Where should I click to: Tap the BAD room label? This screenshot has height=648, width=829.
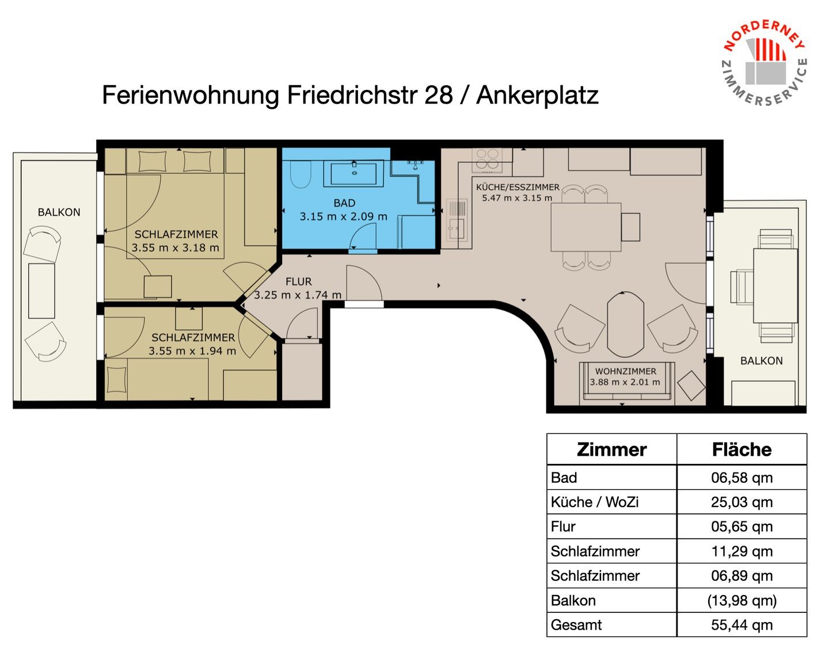pos(344,203)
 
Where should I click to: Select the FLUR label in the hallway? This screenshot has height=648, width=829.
pos(298,281)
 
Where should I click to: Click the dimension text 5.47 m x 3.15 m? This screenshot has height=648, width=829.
pos(517,198)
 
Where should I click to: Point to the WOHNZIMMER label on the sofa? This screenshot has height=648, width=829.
pos(626,371)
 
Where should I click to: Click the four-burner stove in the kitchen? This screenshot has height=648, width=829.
pos(487,159)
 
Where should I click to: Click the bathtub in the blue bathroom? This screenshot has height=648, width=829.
pos(353,174)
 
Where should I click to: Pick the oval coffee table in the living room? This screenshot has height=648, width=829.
pos(625,325)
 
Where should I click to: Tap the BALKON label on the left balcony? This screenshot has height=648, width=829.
pos(59,212)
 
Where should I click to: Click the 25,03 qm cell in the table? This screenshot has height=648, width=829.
pos(741,502)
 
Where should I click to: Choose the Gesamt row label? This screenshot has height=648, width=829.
pos(576,625)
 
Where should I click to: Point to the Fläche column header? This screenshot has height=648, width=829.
pos(741,450)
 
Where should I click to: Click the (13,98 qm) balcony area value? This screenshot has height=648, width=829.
pos(741,600)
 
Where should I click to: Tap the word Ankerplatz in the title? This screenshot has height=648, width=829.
pos(537,96)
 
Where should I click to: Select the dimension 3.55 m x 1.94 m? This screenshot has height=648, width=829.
pos(192,351)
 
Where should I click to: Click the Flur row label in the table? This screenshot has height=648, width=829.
pos(563,527)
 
